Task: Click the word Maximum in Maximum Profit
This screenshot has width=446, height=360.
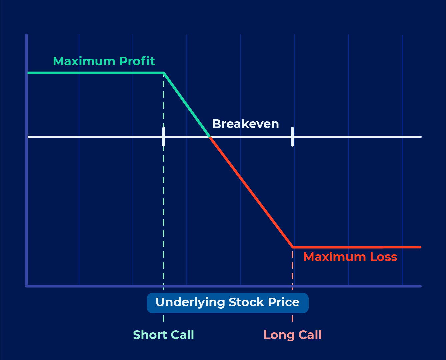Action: [84, 61]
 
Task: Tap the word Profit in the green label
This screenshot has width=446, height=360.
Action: [137, 61]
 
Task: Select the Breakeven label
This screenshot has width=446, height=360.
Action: [246, 124]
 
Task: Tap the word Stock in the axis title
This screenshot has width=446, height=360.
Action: [246, 302]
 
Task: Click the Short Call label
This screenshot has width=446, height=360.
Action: [164, 335]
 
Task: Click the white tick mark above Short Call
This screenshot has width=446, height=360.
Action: [164, 137]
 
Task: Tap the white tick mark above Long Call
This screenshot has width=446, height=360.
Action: [293, 137]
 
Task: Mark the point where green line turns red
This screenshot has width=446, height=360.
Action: [210, 137]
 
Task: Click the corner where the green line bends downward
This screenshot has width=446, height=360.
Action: [164, 73]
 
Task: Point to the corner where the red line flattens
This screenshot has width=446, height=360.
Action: [293, 247]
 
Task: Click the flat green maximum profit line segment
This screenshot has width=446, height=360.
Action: [96, 73]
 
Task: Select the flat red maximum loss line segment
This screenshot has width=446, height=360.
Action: [357, 247]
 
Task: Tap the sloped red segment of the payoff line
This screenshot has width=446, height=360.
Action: [251, 192]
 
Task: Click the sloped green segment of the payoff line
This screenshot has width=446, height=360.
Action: [187, 105]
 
